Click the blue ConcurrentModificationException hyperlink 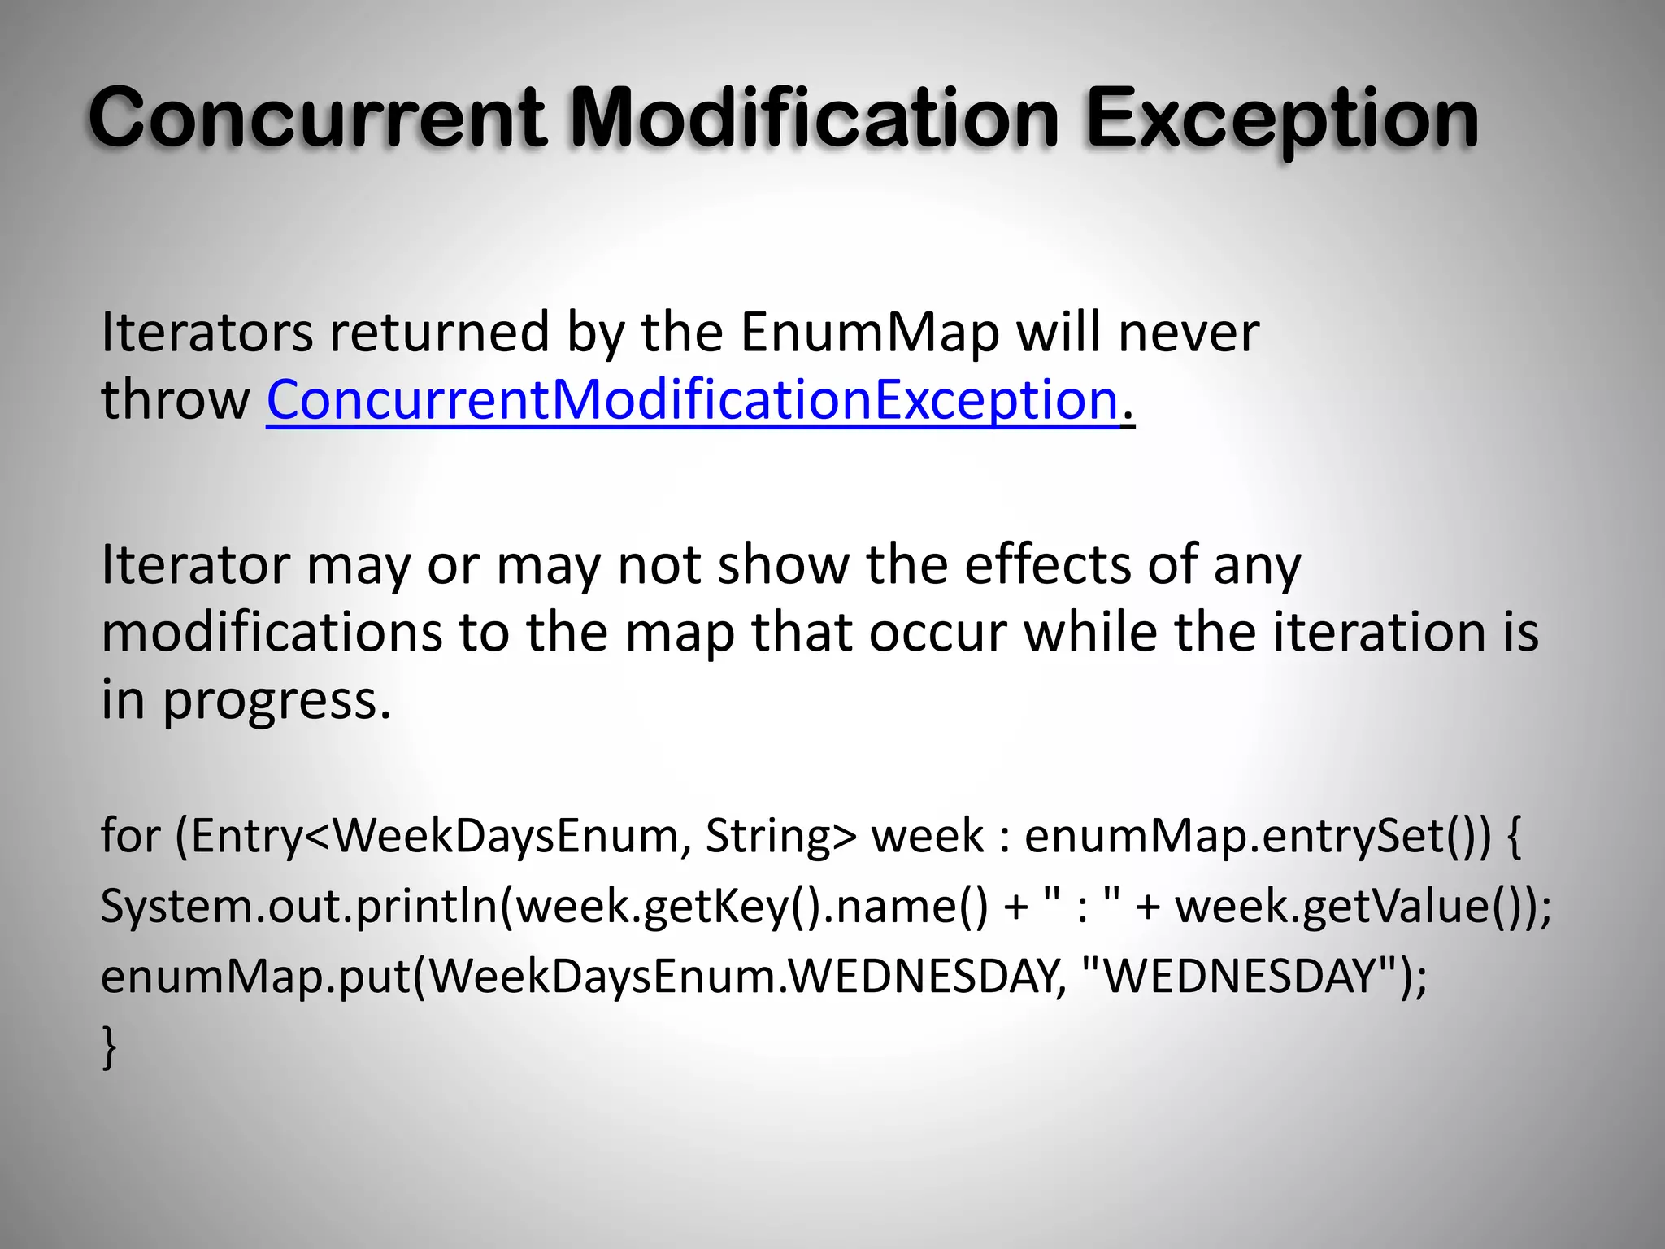click(x=692, y=400)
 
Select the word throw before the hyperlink click(x=176, y=400)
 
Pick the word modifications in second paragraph click(x=272, y=632)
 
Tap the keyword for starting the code click(x=130, y=835)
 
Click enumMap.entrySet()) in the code click(x=1257, y=835)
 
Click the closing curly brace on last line click(x=109, y=1047)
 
